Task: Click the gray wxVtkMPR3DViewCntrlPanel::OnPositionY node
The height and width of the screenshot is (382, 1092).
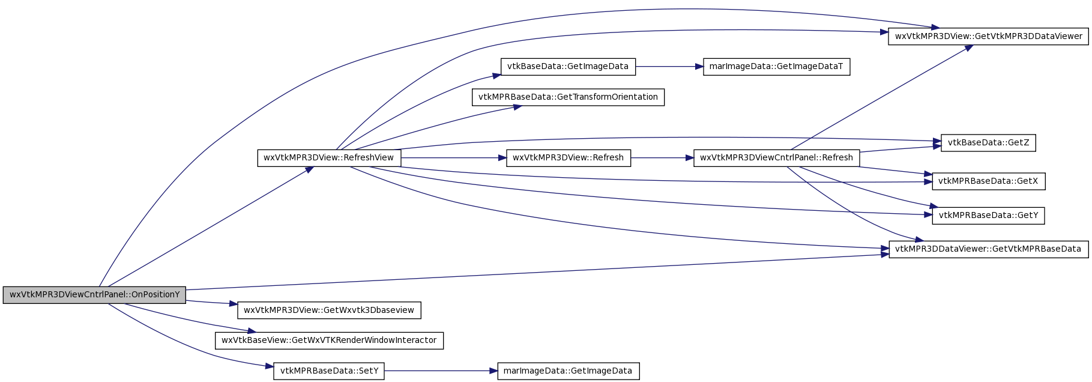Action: pyautogui.click(x=94, y=295)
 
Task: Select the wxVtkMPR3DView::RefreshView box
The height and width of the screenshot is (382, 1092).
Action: pyautogui.click(x=329, y=158)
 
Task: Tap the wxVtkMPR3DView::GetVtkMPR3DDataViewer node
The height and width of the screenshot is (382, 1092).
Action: pyautogui.click(x=988, y=36)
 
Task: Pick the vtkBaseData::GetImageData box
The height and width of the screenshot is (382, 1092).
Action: pyautogui.click(x=568, y=67)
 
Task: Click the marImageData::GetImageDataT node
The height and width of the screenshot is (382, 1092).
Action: pyautogui.click(x=776, y=67)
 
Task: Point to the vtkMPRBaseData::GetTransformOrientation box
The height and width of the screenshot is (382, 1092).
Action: pyautogui.click(x=568, y=97)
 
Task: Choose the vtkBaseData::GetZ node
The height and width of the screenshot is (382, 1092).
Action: pyautogui.click(x=988, y=143)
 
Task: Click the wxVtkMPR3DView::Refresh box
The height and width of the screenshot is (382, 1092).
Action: pyautogui.click(x=568, y=158)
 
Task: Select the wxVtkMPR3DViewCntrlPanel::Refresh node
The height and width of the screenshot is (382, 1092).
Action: pyautogui.click(x=776, y=158)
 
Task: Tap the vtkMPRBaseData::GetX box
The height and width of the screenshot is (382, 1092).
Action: pyautogui.click(x=988, y=181)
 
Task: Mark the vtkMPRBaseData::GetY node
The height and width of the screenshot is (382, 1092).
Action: pyautogui.click(x=988, y=216)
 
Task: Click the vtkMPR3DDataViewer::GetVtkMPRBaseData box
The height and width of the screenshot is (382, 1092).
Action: pyautogui.click(x=988, y=249)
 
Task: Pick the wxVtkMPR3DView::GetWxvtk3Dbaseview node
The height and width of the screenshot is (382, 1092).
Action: pyautogui.click(x=329, y=311)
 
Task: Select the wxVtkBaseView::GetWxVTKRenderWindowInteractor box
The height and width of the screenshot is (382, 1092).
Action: pyautogui.click(x=329, y=341)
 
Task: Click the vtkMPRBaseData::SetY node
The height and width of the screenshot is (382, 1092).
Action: pyautogui.click(x=329, y=371)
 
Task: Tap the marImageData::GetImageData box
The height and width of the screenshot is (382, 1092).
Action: pyautogui.click(x=568, y=371)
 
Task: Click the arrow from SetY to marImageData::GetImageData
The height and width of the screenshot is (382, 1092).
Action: pyautogui.click(x=441, y=371)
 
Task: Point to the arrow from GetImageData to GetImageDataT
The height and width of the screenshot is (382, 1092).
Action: pyautogui.click(x=669, y=67)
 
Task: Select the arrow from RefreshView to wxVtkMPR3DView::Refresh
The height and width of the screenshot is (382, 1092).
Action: pyautogui.click(x=454, y=158)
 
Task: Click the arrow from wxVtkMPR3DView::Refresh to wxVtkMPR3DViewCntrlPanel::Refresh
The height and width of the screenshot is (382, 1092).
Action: pyautogui.click(x=662, y=158)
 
